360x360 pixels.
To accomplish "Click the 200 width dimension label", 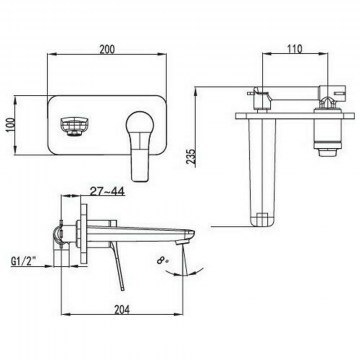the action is click(107, 49).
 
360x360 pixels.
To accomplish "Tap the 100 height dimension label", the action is click(11, 125).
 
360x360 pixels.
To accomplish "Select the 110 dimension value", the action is click(295, 49).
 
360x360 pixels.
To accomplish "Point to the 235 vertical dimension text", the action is click(191, 156).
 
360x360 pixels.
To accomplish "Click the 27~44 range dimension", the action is click(107, 191).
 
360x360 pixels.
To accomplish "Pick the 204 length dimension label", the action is click(122, 310).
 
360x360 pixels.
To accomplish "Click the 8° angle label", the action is click(162, 259).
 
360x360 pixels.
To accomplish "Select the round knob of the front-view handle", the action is click(140, 124).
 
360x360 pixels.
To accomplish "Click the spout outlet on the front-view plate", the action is click(73, 126).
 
